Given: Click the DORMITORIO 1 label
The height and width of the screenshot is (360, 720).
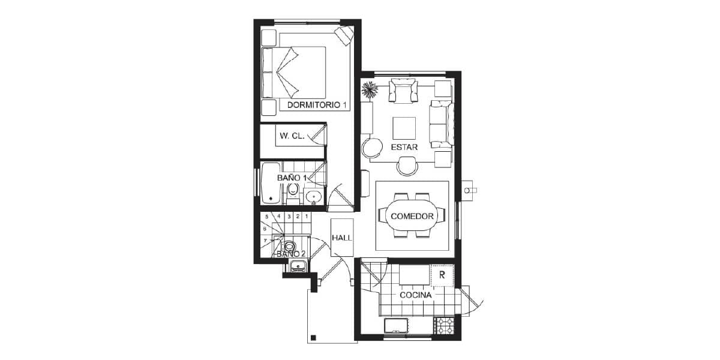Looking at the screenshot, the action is (x=317, y=105).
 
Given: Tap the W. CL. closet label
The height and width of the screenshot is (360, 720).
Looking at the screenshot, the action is (x=292, y=136).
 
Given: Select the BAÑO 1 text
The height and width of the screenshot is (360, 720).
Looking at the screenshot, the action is (x=292, y=178).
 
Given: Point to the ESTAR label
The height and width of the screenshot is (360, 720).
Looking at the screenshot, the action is (x=404, y=147).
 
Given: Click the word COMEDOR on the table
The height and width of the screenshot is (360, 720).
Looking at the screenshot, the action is (x=412, y=217).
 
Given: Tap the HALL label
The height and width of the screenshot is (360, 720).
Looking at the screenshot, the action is (x=342, y=238).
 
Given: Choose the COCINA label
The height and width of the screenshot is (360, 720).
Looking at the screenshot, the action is (x=415, y=295).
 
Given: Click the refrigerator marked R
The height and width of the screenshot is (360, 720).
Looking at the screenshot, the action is (x=442, y=275).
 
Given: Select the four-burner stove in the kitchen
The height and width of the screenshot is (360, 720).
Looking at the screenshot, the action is (x=444, y=326).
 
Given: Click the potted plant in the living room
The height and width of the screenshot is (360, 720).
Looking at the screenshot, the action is (x=370, y=89).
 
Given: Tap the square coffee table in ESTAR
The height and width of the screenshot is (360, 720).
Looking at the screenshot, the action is (x=404, y=128).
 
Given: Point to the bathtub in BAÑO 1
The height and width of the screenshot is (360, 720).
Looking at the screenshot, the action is (x=271, y=183).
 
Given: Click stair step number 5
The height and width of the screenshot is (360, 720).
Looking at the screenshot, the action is (x=266, y=217).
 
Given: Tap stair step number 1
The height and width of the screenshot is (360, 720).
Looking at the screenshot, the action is (x=307, y=217).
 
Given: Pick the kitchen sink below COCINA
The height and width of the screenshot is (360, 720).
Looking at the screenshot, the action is (x=397, y=326).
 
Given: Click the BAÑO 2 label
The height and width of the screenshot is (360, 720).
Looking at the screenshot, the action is (x=291, y=254).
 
